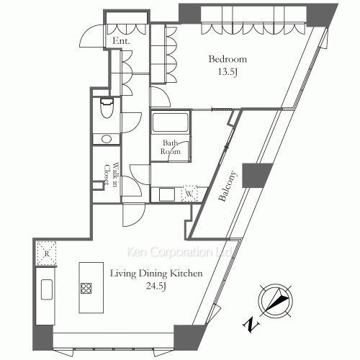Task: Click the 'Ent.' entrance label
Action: [x=121, y=41]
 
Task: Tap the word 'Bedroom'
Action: [x=228, y=59]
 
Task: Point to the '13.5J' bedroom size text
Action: [x=228, y=72]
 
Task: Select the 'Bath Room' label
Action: [x=171, y=147]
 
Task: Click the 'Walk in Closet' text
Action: [x=111, y=174]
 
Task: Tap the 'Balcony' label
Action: [x=228, y=186]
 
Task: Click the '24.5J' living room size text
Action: [x=156, y=286]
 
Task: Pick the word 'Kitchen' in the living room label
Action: [x=186, y=274]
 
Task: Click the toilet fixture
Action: [x=107, y=108]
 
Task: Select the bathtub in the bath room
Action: [x=170, y=122]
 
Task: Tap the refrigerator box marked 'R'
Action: [x=46, y=253]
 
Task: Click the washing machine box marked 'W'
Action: [x=189, y=194]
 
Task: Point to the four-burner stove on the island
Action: [x=86, y=288]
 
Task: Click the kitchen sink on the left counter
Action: [x=47, y=289]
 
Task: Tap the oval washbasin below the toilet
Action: [x=107, y=139]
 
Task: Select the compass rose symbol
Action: [x=276, y=301]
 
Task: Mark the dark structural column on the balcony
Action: [x=256, y=175]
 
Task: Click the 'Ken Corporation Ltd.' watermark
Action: [x=179, y=252]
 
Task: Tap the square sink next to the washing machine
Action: [x=167, y=194]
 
